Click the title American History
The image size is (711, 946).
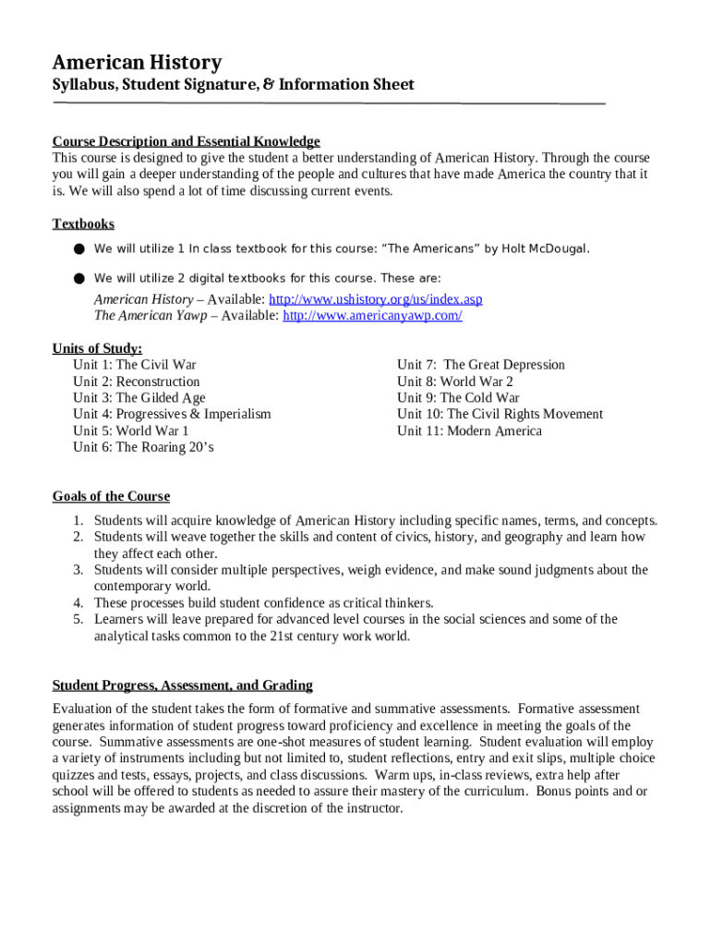[x=137, y=63]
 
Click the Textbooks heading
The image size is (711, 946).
[x=83, y=224]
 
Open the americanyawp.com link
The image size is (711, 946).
[x=371, y=316]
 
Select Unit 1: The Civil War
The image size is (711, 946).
[x=135, y=365]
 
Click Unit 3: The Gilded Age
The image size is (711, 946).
[x=139, y=398]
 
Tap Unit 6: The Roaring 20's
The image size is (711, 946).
[x=143, y=448]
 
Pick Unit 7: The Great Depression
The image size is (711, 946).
[x=480, y=365]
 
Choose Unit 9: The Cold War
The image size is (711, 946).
[x=458, y=398]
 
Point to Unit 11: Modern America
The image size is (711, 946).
[x=469, y=431]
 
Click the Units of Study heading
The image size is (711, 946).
[x=97, y=348]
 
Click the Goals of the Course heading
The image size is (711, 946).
[x=111, y=497]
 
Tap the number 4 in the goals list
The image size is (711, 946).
[x=79, y=603]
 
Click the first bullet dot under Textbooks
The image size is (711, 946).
[x=79, y=249]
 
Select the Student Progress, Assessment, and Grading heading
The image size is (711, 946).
[x=182, y=685]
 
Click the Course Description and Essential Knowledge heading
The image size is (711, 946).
[x=186, y=141]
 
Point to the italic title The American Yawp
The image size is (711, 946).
[x=145, y=316]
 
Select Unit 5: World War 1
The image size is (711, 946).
[x=131, y=431]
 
